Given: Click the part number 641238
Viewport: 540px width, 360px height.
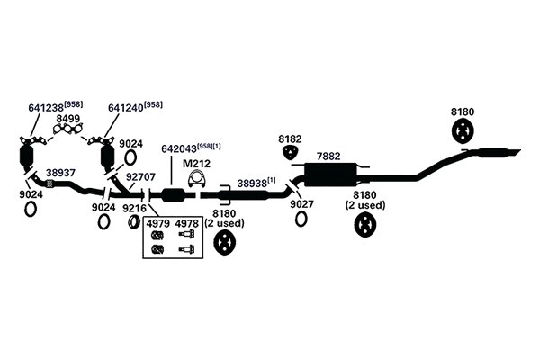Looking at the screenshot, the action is click(x=47, y=108).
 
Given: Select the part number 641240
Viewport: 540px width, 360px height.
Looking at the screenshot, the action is click(x=126, y=108).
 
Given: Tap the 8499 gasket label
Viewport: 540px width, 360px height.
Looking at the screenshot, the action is click(x=68, y=119).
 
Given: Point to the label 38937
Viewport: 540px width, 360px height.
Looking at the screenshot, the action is click(x=60, y=173).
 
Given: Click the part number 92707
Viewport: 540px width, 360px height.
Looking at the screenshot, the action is click(x=140, y=176).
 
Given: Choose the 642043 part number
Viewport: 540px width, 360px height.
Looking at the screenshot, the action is click(x=179, y=148).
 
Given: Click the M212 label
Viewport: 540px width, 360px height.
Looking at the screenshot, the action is click(x=196, y=163).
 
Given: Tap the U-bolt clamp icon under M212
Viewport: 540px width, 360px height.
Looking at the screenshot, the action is click(x=196, y=179).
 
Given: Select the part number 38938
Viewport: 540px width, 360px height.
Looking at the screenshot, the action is click(x=252, y=184).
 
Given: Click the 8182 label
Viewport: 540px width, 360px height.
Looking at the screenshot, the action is click(x=290, y=139).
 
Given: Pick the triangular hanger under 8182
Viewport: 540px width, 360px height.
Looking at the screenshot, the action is click(x=291, y=152).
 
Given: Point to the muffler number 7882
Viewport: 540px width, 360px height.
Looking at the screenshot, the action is click(x=328, y=157).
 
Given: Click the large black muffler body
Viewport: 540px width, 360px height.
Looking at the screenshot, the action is click(x=329, y=175).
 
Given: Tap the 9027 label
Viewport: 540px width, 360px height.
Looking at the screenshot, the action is click(x=301, y=204).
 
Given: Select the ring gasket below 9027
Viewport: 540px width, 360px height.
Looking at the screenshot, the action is click(x=301, y=219).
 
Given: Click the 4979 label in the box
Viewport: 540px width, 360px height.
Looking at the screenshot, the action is click(x=158, y=224).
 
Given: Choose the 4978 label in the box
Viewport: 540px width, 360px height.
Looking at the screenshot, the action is click(x=187, y=224).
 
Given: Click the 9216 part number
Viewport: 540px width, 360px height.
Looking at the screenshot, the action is click(x=135, y=208).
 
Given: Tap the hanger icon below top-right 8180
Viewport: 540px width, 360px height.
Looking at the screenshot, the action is click(x=463, y=131).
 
